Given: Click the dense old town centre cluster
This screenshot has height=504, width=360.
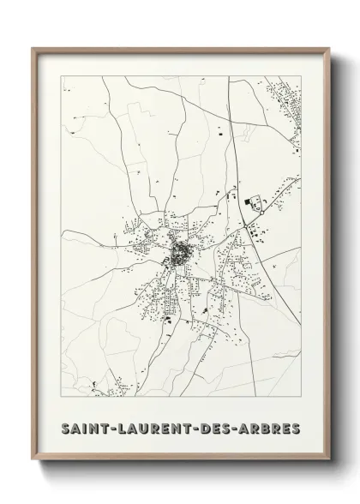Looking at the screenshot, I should [182, 254].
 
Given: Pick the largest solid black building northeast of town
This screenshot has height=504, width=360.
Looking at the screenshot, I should [252, 203].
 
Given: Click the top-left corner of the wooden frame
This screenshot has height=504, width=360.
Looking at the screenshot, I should [33, 48].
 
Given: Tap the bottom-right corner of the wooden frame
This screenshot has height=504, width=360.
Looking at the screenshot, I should [328, 461].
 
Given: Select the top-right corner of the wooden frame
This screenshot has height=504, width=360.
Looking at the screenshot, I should [328, 48].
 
